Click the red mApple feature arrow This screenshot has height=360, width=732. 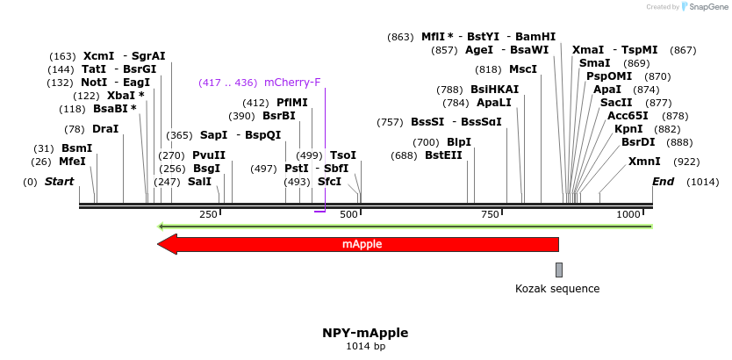(360, 244)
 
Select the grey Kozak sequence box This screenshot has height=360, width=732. (558, 270)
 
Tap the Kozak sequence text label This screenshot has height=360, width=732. (557, 288)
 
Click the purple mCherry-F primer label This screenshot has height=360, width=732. (292, 83)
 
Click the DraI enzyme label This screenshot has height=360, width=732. (105, 129)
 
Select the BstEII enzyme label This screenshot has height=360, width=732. (443, 155)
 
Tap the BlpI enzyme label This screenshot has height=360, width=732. (459, 141)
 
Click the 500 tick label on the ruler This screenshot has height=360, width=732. (348, 214)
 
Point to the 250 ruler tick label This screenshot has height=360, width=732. (208, 214)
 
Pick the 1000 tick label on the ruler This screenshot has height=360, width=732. (628, 214)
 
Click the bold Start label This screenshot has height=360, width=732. (60, 182)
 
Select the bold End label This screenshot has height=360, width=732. (663, 182)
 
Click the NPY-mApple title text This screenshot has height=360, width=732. (365, 333)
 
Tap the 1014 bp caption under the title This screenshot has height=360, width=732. (365, 347)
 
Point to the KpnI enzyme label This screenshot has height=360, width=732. (628, 128)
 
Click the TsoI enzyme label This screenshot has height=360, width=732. (343, 155)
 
